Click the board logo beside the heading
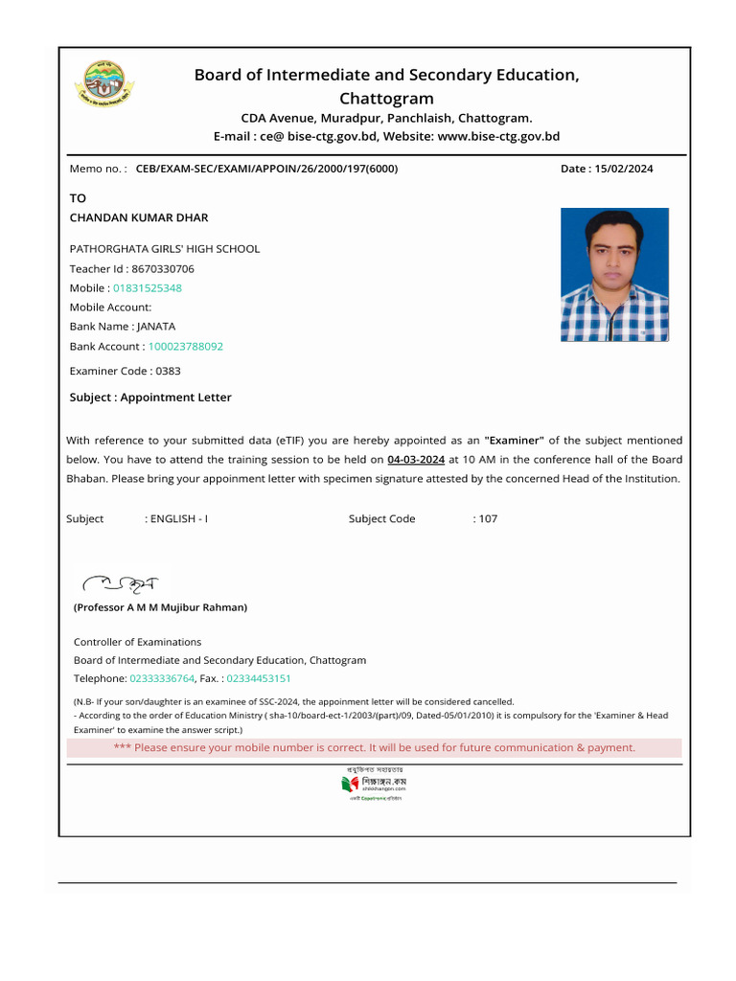(105, 86)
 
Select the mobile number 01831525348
(148, 287)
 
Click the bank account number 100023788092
(185, 346)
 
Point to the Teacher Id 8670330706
(162, 268)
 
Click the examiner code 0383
(168, 371)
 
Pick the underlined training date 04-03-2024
(416, 459)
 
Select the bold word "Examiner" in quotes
(515, 440)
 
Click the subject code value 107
(489, 518)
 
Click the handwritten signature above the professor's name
(121, 582)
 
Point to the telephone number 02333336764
(161, 678)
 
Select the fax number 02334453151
(259, 678)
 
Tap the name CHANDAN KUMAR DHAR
(139, 217)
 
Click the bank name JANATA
(156, 326)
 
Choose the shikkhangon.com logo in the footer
(374, 785)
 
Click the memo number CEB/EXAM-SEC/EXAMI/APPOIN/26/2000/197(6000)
(266, 169)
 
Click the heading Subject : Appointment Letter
(150, 397)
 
